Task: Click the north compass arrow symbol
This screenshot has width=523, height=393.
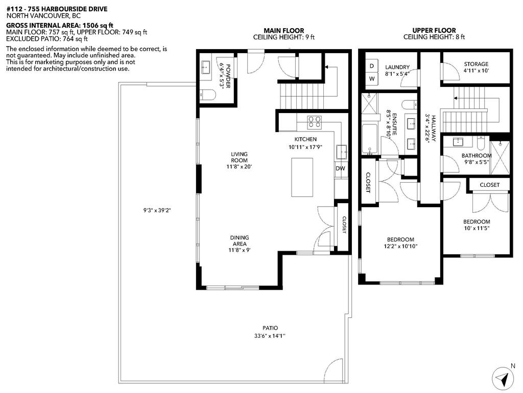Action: point(502,379)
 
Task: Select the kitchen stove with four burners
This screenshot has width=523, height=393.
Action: point(314,122)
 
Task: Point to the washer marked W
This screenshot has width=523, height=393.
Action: point(371,78)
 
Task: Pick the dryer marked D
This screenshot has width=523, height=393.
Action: point(371,66)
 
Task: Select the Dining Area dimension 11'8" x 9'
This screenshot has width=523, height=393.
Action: point(239,250)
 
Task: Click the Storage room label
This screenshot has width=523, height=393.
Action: point(476,64)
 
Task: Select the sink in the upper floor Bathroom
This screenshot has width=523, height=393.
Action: point(458,142)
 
